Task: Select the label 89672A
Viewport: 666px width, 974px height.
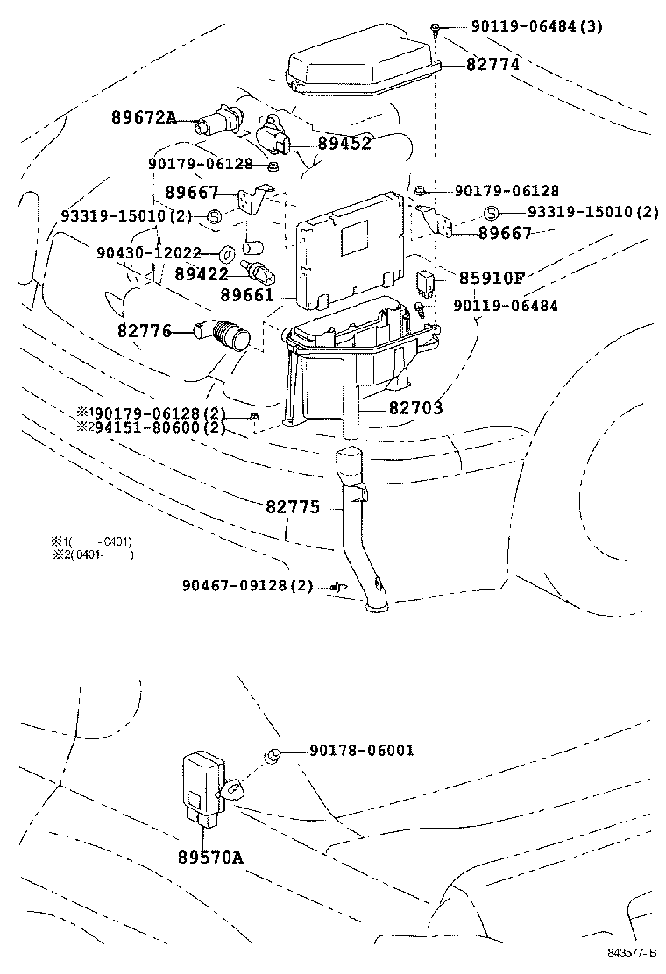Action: point(144,118)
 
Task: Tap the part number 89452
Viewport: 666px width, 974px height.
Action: point(344,144)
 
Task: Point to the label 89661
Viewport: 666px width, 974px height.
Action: point(247,295)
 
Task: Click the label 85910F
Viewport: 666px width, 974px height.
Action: point(492,279)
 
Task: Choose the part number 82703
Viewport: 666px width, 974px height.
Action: point(416,408)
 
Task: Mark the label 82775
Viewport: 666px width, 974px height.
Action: point(293,507)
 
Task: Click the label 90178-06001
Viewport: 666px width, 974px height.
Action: point(362,751)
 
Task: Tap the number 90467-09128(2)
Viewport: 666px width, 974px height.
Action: point(248,585)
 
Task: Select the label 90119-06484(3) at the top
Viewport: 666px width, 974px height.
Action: point(536,26)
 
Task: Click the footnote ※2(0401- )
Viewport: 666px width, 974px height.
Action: point(92,554)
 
